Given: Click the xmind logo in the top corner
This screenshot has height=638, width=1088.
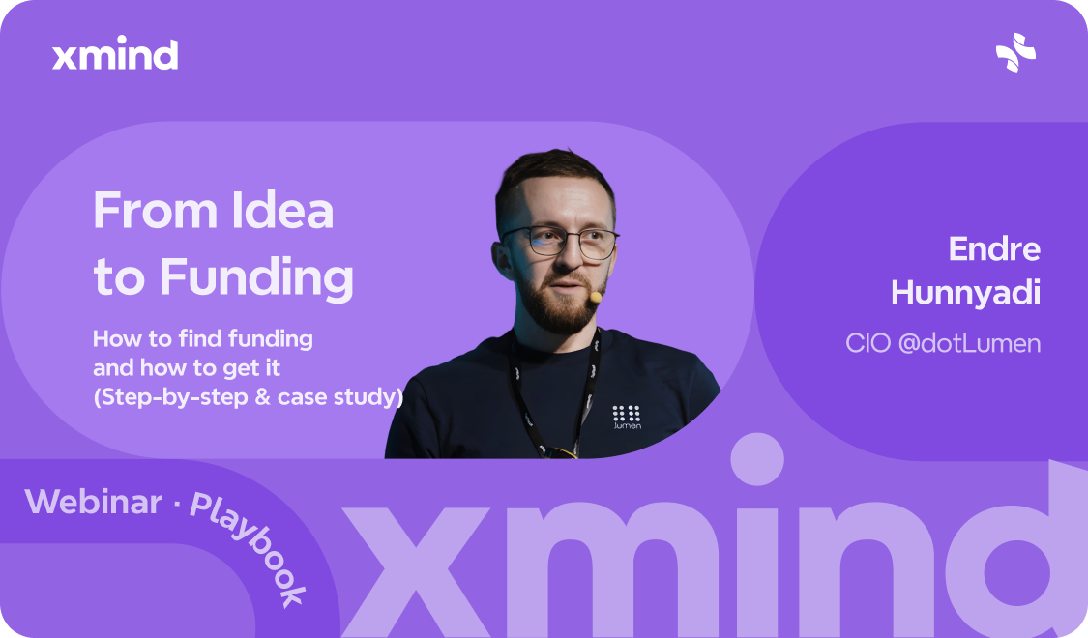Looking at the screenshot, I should point(115,55).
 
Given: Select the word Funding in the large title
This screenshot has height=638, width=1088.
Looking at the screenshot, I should point(256,277).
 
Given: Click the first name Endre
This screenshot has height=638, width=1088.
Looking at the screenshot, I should point(993,249).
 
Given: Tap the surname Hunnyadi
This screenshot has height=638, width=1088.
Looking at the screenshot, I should point(965,292).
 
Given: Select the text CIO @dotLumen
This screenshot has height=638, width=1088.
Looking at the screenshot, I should point(943,343).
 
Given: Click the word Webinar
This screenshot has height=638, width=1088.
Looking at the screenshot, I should point(94,501).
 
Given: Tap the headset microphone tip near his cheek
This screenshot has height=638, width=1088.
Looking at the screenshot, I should point(595,296).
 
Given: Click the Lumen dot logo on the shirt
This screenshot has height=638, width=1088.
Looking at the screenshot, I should point(627,416).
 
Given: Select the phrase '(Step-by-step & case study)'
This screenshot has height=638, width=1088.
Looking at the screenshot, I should point(248,397).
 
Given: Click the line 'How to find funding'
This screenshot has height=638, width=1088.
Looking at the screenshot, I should point(203,339).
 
